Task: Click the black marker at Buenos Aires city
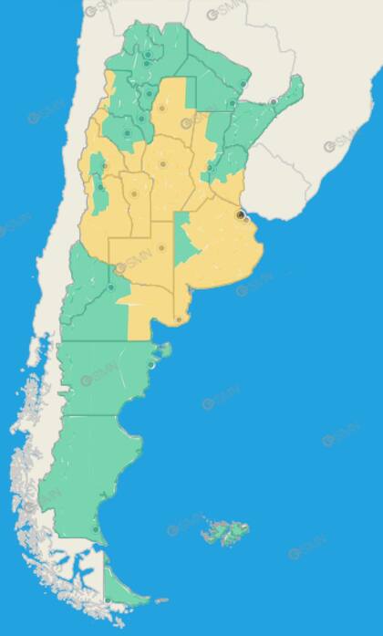pos(240,214)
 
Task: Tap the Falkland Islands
pos(223,529)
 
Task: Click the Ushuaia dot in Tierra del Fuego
pos(108,600)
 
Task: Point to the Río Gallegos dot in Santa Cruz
pos(96,527)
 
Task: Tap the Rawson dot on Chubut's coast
pos(151,365)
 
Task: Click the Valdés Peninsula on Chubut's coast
pos(164,349)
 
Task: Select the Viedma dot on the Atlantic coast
pos(179,319)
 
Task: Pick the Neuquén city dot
pos(111,287)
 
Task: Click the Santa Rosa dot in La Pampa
pos(161,247)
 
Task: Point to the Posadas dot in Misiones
pos(273,101)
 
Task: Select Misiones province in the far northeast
pos(288,91)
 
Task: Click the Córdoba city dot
pos(162,164)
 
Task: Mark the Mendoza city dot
pos(100,187)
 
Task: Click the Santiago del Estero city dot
pos(162,108)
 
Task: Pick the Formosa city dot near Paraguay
pos(243,85)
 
